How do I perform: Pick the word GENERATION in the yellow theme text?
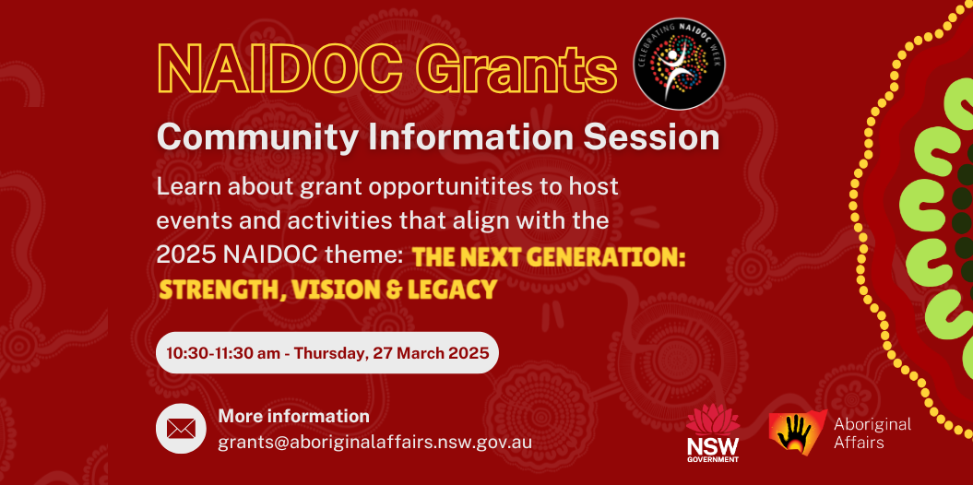[610, 259]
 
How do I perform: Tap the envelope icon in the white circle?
[181, 428]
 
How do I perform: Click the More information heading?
[293, 416]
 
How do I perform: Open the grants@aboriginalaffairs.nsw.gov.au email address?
[374, 442]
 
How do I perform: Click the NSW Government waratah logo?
[712, 432]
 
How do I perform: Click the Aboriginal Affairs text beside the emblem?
[872, 433]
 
